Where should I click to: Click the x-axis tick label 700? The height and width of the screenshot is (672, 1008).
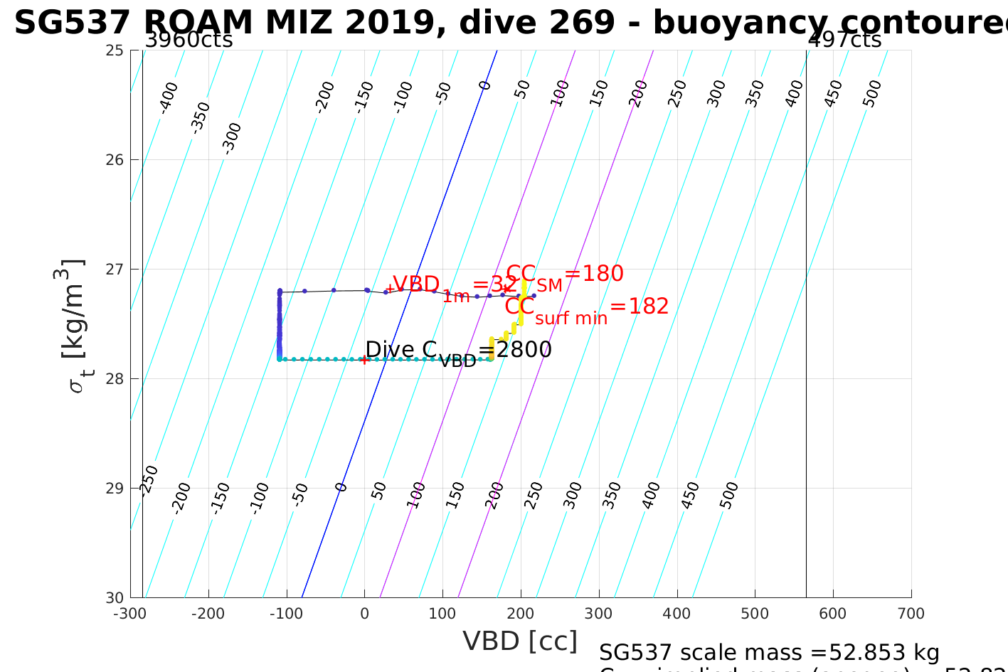911,614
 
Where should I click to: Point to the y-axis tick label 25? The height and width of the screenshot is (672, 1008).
114,50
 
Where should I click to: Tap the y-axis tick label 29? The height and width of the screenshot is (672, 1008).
114,488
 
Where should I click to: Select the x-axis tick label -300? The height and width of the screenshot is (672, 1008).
129,614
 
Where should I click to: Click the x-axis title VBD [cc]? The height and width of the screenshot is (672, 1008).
520,641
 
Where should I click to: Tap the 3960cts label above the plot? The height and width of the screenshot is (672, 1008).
189,40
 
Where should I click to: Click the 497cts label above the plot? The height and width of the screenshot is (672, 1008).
844,40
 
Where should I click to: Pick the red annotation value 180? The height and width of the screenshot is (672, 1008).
603,274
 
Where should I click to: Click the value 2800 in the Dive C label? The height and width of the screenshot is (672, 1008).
524,350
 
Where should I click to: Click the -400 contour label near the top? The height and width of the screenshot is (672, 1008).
169,97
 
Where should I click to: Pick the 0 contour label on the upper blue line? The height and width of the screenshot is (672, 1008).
485,86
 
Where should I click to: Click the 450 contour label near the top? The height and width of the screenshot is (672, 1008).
833,93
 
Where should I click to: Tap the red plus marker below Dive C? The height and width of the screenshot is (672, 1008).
364,360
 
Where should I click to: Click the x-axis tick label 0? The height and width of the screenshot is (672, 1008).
364,614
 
